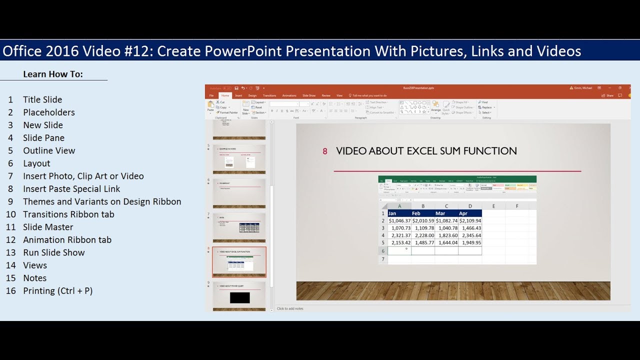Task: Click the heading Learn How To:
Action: (x=53, y=74)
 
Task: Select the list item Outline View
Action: (x=49, y=150)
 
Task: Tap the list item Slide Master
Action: (x=48, y=227)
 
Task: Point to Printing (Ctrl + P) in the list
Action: (x=57, y=290)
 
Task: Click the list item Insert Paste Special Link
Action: (x=71, y=189)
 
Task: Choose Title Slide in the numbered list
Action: (x=42, y=99)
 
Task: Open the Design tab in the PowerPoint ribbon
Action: (x=252, y=95)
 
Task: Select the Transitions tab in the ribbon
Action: (x=269, y=95)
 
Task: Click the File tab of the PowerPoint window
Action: (x=211, y=95)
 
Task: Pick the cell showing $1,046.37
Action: (x=399, y=220)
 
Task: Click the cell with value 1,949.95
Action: (x=470, y=243)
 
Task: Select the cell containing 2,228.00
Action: (x=423, y=235)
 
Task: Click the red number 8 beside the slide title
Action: (x=325, y=151)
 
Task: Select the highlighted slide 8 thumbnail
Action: (x=239, y=261)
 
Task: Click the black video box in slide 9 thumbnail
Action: (x=239, y=298)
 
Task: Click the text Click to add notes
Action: (x=290, y=308)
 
